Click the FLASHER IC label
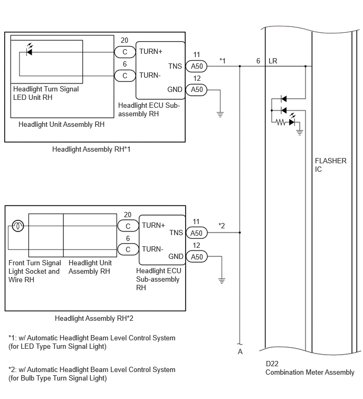click(x=330, y=165)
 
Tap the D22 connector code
click(x=272, y=364)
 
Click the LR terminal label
click(x=273, y=61)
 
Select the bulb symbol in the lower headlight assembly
click(x=18, y=226)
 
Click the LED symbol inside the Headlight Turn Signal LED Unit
click(x=30, y=50)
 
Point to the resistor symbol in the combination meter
click(x=281, y=123)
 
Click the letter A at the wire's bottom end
click(x=240, y=351)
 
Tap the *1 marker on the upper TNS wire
click(x=222, y=61)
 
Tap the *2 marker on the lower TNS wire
click(x=222, y=226)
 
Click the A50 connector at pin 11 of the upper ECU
click(x=196, y=67)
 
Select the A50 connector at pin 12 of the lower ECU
click(x=197, y=256)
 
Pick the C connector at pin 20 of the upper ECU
click(x=125, y=52)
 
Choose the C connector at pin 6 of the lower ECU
click(x=128, y=249)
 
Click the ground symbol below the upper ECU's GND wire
click(x=220, y=114)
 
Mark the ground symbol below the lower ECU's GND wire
click(x=222, y=281)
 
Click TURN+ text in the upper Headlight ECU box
click(x=151, y=52)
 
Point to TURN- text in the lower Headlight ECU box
click(x=152, y=249)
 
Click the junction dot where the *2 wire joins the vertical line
click(x=240, y=233)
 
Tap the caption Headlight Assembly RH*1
click(x=91, y=150)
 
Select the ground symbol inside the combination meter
click(x=300, y=132)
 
